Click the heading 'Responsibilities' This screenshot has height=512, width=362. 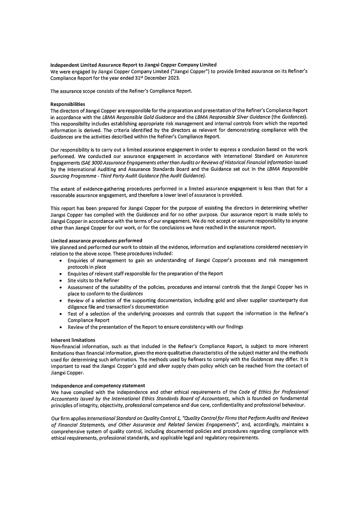[68, 104]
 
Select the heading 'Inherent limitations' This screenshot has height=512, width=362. [72, 339]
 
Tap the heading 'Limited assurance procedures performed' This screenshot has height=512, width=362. [96, 240]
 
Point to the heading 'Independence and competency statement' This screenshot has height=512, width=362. [98, 385]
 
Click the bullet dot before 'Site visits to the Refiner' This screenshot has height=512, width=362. [62, 280]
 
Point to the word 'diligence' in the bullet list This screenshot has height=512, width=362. [78, 307]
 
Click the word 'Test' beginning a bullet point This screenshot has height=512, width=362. [72, 313]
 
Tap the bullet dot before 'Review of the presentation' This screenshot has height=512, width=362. [62, 327]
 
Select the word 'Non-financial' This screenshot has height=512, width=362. [66, 346]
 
